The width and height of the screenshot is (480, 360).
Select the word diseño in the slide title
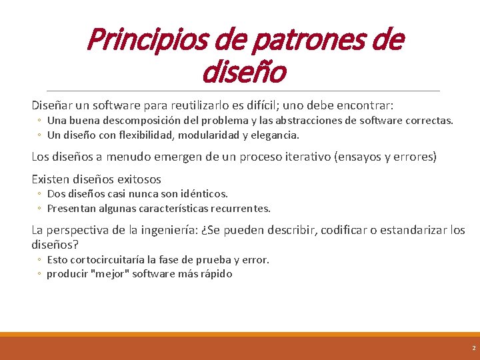pos(243,72)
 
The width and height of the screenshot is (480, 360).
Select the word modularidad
pos(207,135)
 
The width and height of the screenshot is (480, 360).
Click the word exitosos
pos(139,179)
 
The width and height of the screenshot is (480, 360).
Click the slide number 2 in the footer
pos(473,348)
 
